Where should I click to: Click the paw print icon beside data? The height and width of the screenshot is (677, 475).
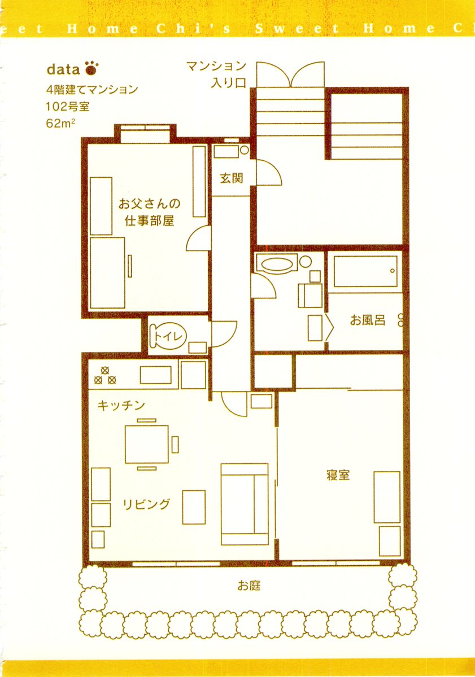pyautogui.click(x=91, y=68)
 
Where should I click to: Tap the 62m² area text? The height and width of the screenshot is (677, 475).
pyautogui.click(x=60, y=124)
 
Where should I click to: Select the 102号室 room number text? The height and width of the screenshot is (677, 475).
pyautogui.click(x=68, y=107)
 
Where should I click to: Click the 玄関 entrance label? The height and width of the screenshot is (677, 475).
pyautogui.click(x=232, y=178)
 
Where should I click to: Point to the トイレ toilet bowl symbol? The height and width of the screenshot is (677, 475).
pyautogui.click(x=168, y=336)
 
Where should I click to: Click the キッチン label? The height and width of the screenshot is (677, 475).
pyautogui.click(x=121, y=406)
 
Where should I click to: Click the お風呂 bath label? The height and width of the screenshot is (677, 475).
pyautogui.click(x=368, y=320)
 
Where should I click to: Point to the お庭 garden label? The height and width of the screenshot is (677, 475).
pyautogui.click(x=249, y=586)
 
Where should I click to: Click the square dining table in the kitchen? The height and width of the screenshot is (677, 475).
pyautogui.click(x=147, y=444)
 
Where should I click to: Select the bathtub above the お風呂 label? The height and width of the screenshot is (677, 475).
pyautogui.click(x=365, y=272)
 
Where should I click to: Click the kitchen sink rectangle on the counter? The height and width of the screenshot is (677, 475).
pyautogui.click(x=155, y=375)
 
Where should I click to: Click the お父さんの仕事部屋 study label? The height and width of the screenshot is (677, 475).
pyautogui.click(x=150, y=212)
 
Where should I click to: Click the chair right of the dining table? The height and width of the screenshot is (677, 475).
pyautogui.click(x=175, y=445)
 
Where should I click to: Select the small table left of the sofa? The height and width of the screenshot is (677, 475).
pyautogui.click(x=194, y=507)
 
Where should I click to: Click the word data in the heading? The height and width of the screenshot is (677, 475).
pyautogui.click(x=63, y=69)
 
